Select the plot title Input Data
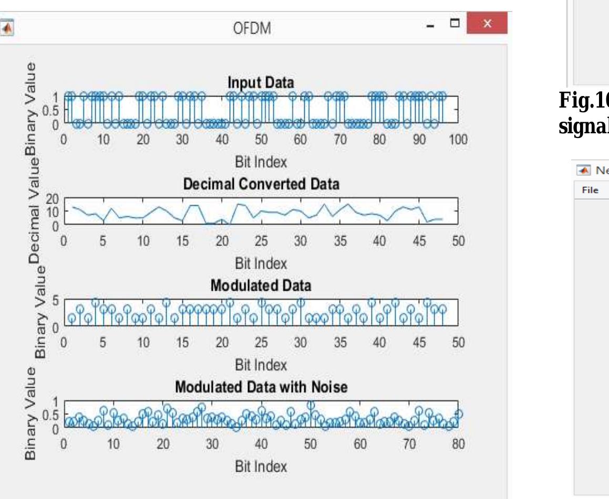click(261, 83)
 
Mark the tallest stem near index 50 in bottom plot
click(311, 405)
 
